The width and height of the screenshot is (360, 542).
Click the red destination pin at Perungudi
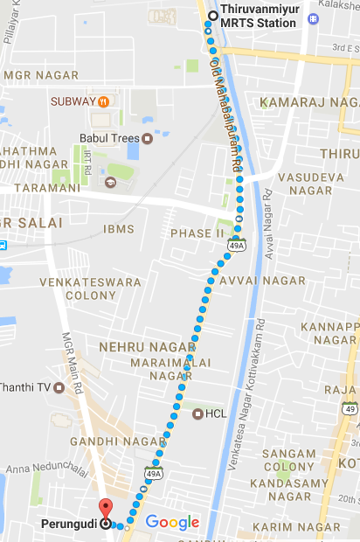106,508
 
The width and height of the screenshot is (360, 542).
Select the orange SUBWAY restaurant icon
103,102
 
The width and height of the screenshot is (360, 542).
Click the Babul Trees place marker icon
148,138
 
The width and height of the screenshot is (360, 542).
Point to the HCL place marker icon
197,413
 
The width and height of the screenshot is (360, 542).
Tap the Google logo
172,523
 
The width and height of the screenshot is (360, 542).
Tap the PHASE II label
197,233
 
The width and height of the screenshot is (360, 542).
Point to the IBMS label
119,228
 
